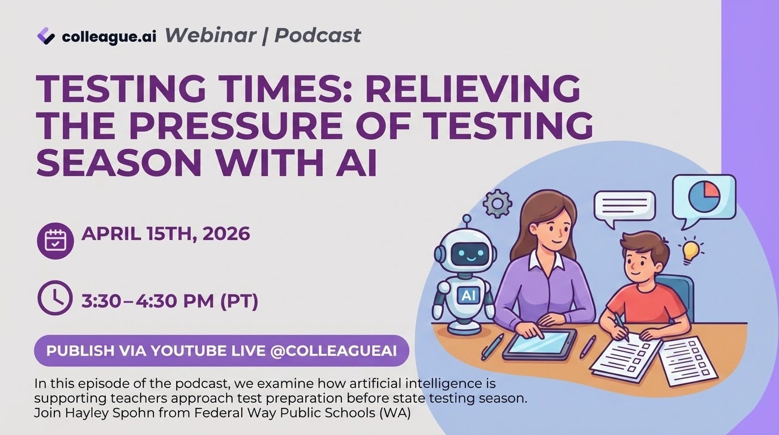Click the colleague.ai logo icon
pos(45,36)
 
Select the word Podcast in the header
pos(318,35)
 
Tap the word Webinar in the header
pos(211,35)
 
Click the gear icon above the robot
pos(498,204)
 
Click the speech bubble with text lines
pos(624,208)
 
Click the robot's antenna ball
pos(466,218)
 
